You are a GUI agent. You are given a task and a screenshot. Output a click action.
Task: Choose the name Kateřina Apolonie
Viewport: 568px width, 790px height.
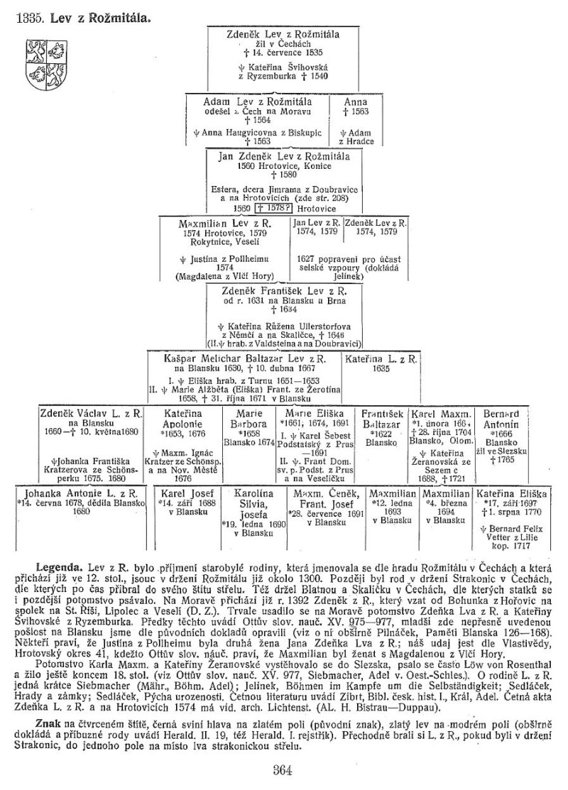click(x=185, y=419)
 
